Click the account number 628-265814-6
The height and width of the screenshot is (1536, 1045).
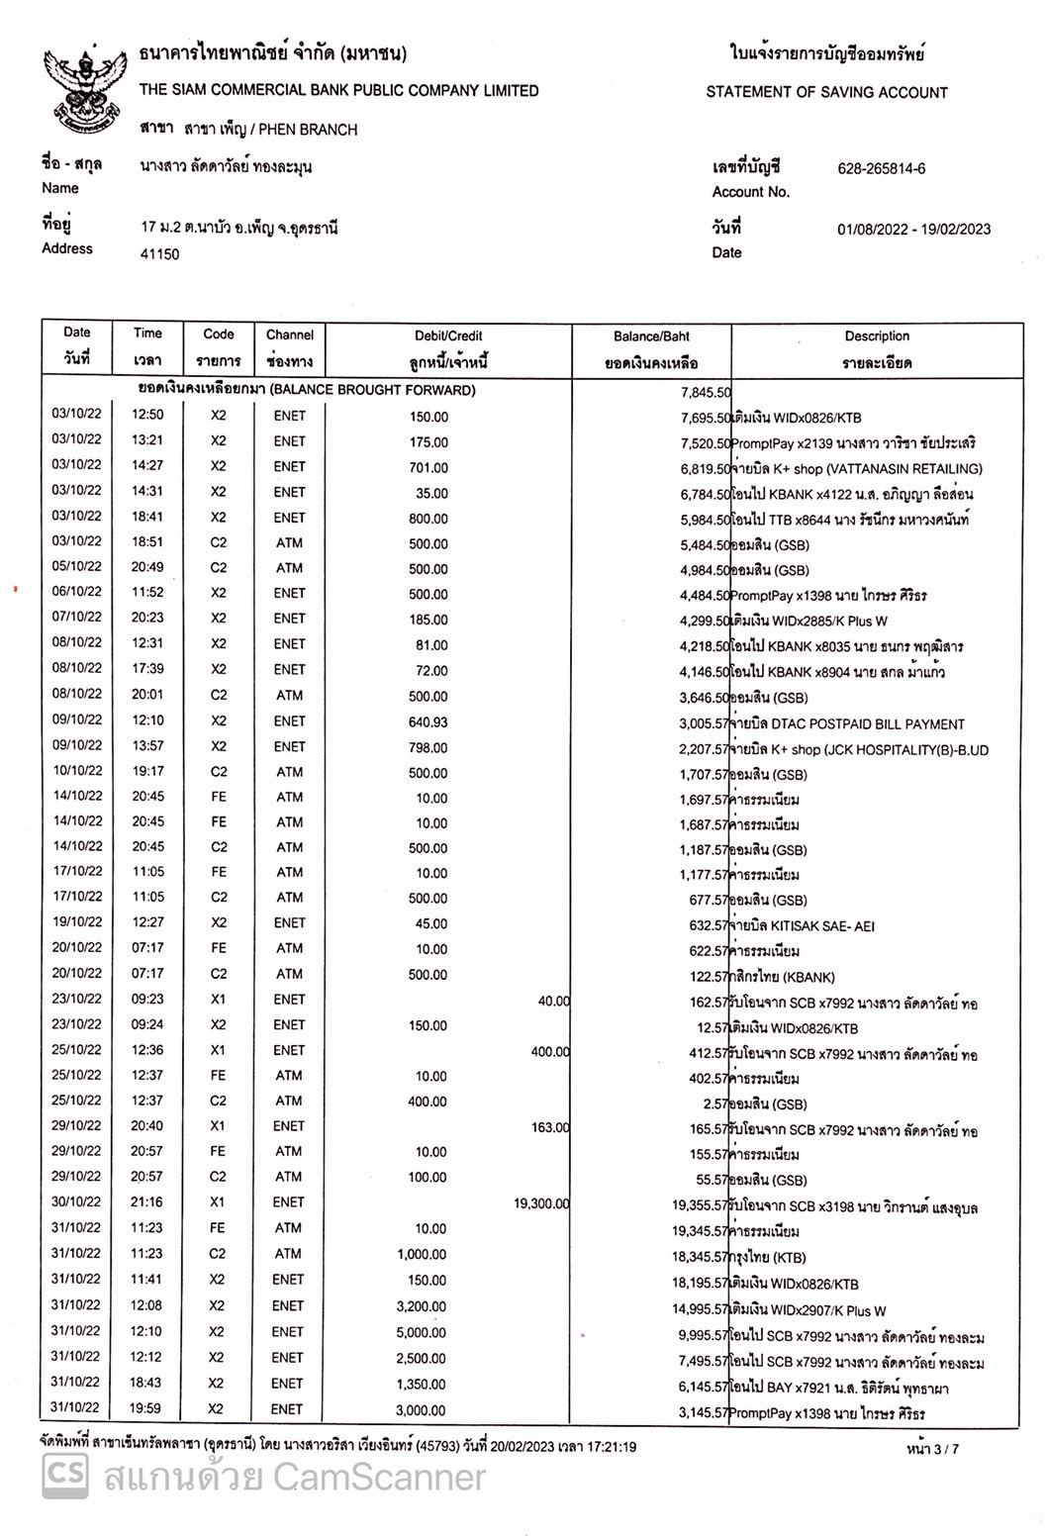(881, 168)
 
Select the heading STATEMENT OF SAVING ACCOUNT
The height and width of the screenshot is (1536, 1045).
(826, 92)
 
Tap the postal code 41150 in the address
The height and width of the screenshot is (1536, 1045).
(160, 254)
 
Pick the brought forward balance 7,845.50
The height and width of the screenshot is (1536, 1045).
(705, 392)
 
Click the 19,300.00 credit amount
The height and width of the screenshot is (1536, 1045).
(541, 1203)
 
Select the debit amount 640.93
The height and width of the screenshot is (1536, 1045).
(428, 722)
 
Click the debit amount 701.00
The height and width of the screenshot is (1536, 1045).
(428, 467)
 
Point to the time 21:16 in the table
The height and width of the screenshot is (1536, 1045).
(147, 1201)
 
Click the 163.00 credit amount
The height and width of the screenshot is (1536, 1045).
(550, 1127)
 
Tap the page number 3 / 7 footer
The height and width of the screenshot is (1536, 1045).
(932, 1449)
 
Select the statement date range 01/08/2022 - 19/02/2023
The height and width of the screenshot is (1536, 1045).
(912, 230)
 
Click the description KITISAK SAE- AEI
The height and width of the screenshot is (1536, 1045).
(803, 926)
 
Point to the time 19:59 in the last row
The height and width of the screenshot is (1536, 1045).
(147, 1408)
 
